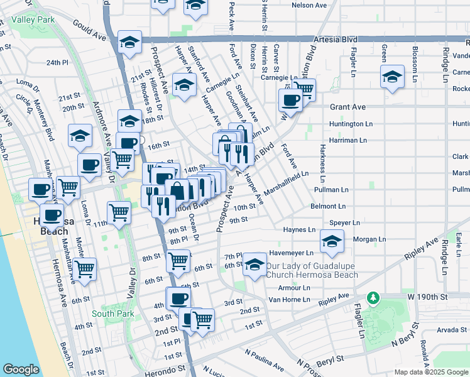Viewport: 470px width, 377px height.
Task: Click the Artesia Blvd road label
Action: tap(340, 39)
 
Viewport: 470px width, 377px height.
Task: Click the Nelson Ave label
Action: tap(310, 5)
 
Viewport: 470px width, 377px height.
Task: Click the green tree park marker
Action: tap(373, 297)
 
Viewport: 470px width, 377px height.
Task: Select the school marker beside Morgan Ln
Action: tap(332, 241)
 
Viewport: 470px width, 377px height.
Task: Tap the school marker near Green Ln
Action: tap(392, 78)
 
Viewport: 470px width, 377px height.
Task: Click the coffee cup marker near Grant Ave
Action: tap(291, 99)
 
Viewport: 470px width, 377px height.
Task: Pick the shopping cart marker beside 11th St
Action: tap(118, 212)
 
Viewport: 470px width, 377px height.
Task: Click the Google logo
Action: tap(21, 369)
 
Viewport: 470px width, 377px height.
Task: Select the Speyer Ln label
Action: tap(344, 222)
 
